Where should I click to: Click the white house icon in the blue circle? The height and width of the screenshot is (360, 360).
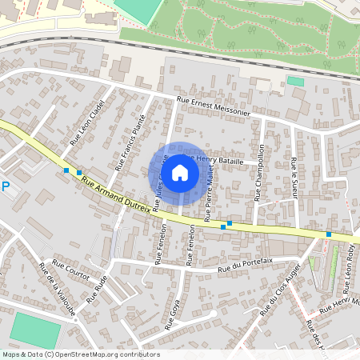point(180,173)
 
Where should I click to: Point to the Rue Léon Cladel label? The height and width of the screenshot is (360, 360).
point(83,126)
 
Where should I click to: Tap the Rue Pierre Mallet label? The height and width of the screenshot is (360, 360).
point(208,191)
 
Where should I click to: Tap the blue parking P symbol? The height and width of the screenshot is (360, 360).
point(5,187)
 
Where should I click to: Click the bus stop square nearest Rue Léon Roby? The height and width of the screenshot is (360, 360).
point(329,234)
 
